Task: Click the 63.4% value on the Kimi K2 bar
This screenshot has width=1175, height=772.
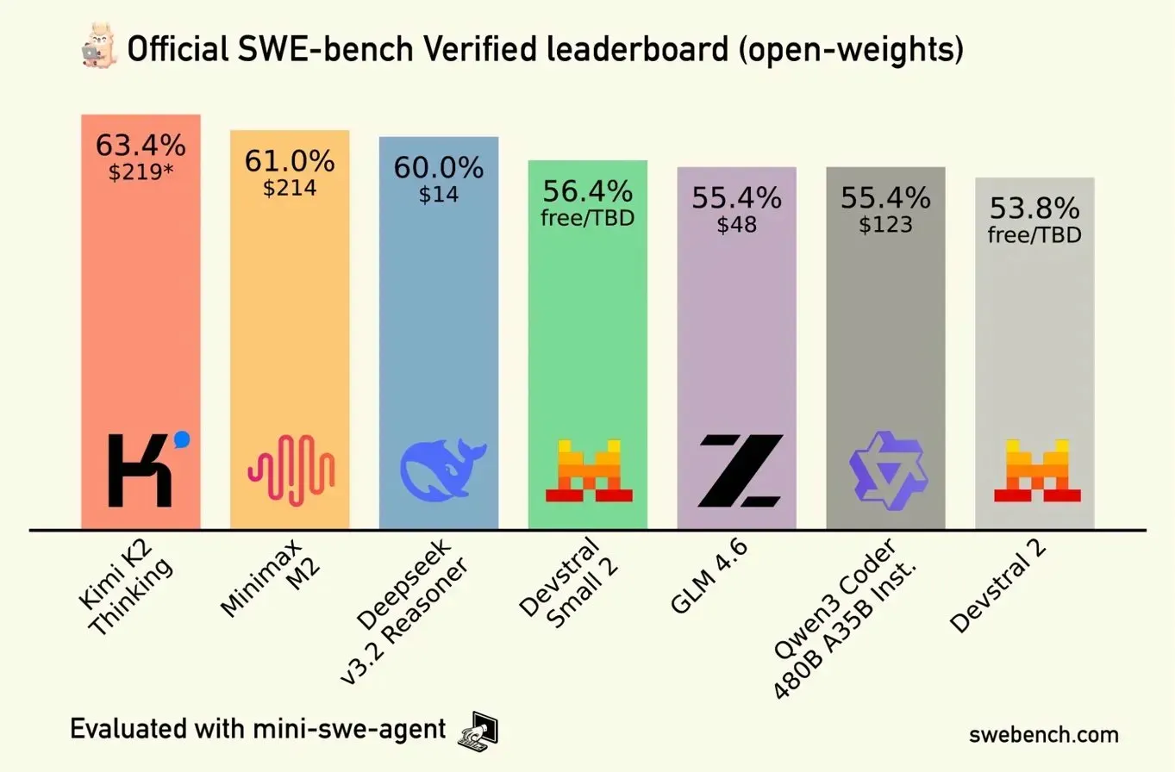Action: [140, 145]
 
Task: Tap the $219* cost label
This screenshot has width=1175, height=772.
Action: [140, 171]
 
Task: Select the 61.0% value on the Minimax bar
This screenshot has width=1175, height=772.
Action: [289, 160]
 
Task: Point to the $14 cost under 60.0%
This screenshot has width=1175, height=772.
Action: [438, 194]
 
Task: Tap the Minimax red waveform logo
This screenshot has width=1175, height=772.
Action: [291, 470]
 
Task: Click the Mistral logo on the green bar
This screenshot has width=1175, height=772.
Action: [589, 470]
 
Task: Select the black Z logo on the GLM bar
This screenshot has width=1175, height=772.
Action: [740, 470]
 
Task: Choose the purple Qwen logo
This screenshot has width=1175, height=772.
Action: [886, 470]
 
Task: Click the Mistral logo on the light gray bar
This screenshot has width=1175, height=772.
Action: [1036, 470]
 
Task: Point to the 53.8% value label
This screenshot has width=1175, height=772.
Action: [1034, 209]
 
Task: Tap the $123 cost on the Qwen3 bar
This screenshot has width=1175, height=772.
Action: [885, 224]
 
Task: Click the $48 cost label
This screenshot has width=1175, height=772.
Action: [736, 224]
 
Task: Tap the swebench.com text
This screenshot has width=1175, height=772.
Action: [1044, 735]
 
